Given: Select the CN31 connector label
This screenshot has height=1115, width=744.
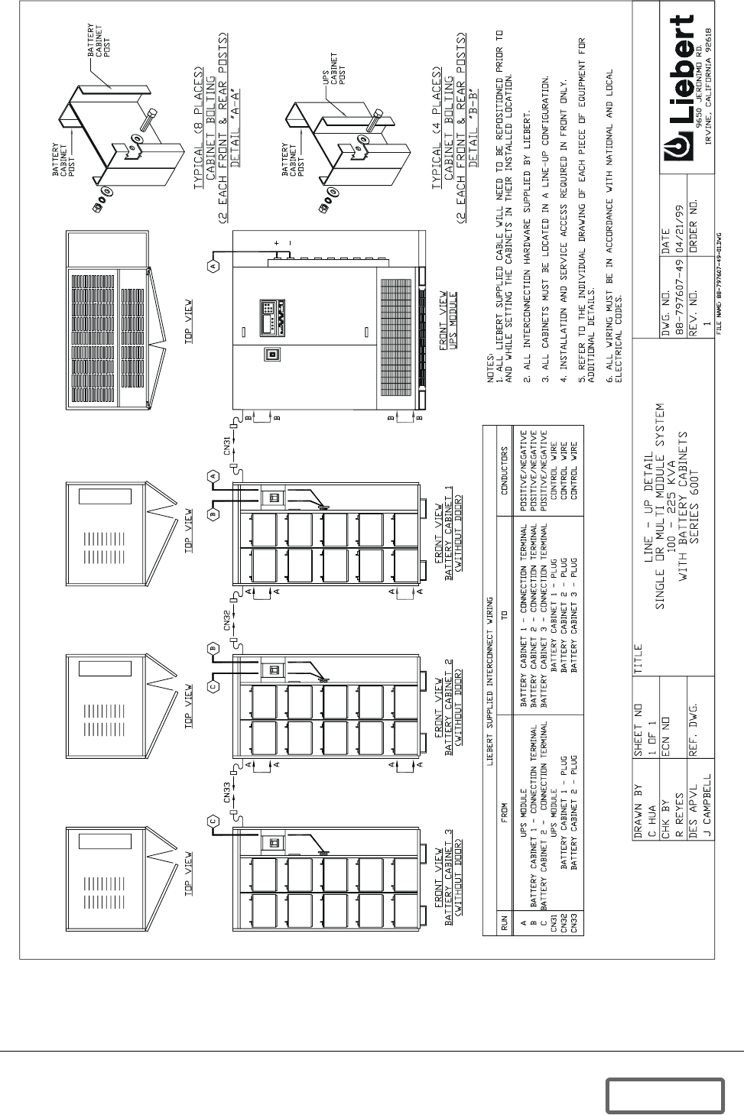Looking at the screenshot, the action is (228, 444).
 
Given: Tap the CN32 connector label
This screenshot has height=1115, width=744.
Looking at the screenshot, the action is (228, 621).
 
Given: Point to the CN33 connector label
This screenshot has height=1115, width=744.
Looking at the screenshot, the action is (228, 795).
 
